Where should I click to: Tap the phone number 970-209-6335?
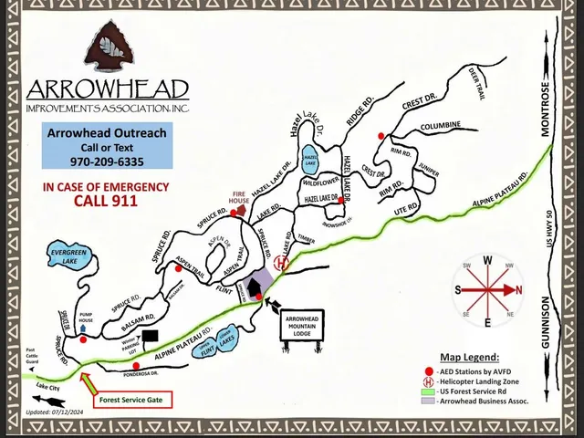(x=107, y=162)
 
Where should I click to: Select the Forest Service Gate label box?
(x=132, y=398)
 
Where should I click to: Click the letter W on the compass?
(x=487, y=260)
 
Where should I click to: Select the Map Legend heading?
(x=469, y=357)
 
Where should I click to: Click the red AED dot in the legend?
(x=432, y=371)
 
